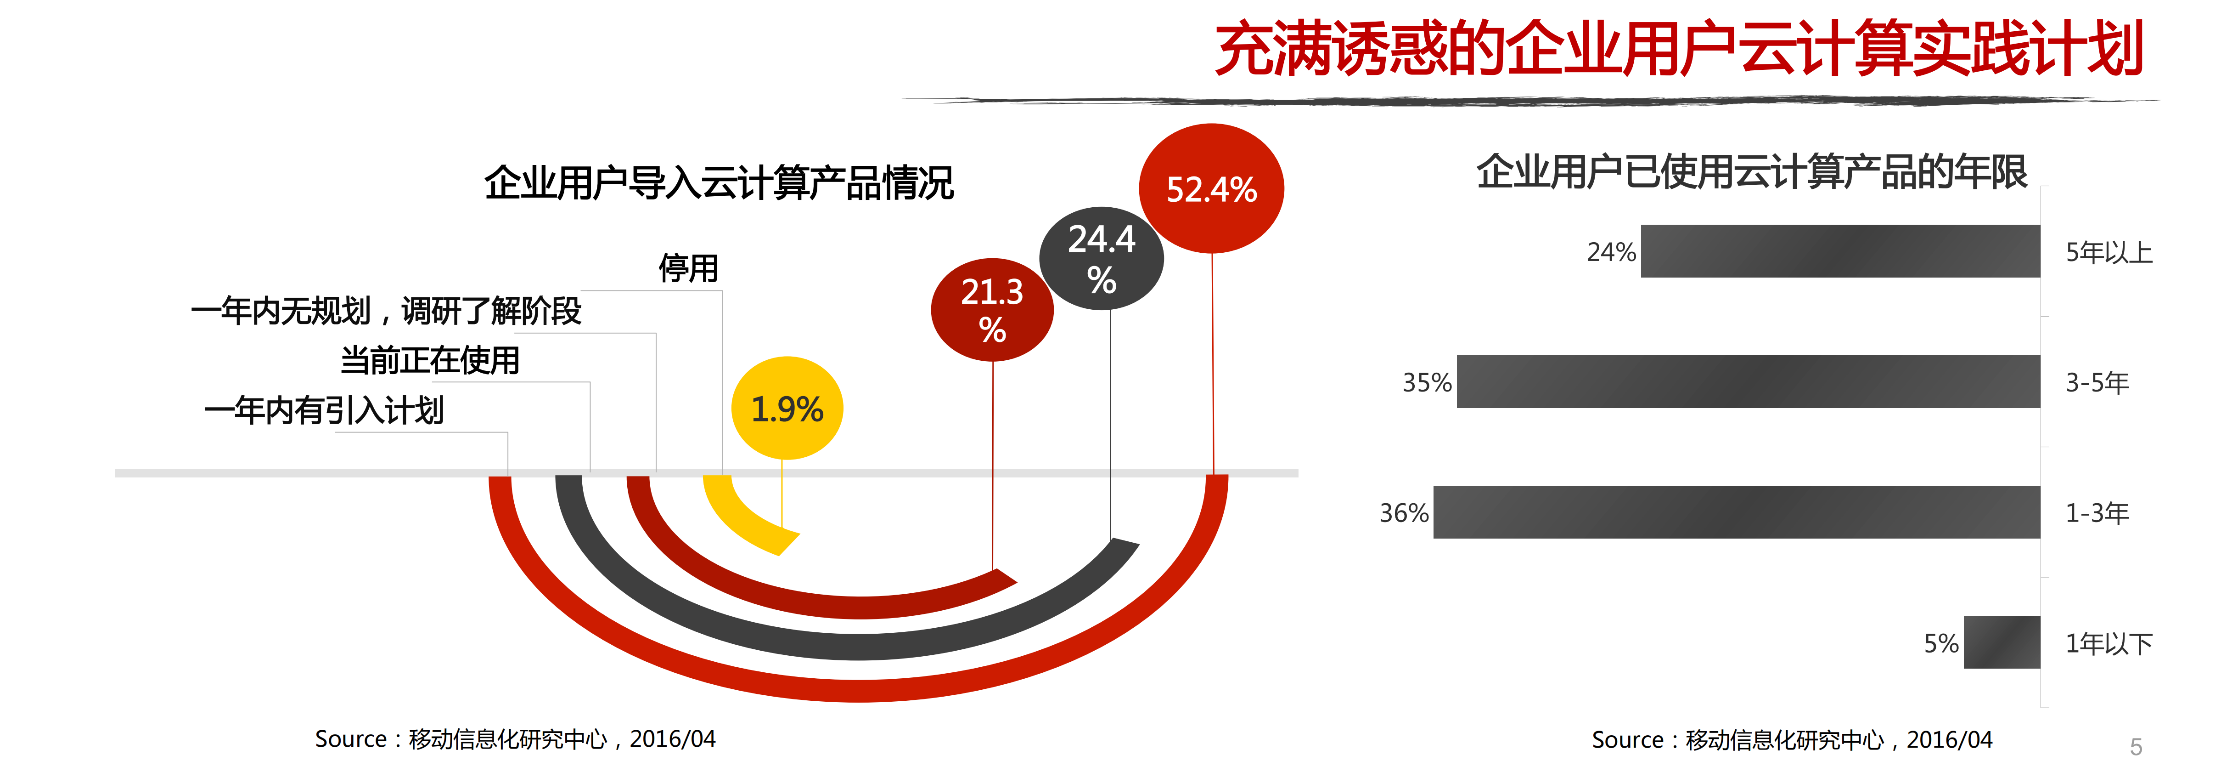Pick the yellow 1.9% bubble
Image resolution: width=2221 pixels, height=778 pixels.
(x=786, y=408)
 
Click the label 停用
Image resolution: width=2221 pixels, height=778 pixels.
(x=688, y=268)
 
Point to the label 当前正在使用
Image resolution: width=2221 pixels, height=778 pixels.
(x=430, y=360)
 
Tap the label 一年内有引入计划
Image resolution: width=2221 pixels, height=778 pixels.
(x=324, y=410)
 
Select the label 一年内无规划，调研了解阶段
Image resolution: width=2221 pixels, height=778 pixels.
(x=386, y=311)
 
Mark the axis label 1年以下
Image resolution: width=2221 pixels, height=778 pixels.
(x=2109, y=643)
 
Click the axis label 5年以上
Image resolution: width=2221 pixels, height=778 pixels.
(x=2109, y=253)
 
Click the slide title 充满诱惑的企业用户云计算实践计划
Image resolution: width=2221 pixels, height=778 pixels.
(x=1679, y=50)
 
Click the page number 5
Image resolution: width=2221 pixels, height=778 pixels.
(x=2136, y=747)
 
